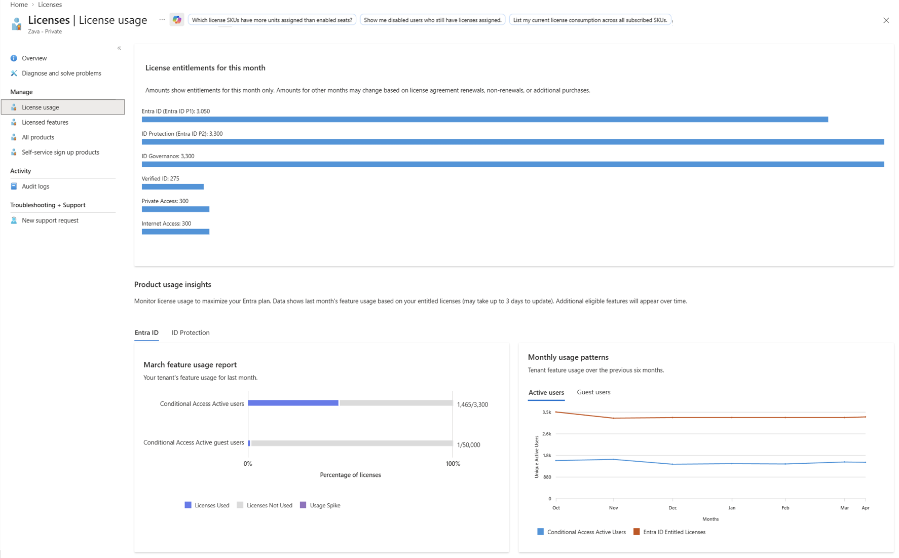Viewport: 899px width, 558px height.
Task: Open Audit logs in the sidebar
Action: [35, 187]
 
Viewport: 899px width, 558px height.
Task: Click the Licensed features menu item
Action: [45, 122]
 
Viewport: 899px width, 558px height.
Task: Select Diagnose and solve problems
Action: [61, 73]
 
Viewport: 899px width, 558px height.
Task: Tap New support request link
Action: [50, 220]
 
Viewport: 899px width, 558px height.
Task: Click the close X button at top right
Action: [886, 20]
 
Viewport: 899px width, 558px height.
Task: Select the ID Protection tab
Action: [191, 333]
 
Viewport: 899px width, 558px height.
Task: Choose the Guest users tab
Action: [593, 392]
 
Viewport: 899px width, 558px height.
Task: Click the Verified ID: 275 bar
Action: [172, 187]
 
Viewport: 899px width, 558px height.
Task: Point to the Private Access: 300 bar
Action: [175, 209]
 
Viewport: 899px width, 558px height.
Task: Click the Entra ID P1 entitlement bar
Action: [484, 120]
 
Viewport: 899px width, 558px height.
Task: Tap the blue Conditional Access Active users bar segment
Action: [293, 403]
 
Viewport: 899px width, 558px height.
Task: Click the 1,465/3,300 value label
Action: [472, 404]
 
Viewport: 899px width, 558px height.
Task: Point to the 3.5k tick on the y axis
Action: [546, 413]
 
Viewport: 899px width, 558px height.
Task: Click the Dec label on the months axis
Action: [672, 508]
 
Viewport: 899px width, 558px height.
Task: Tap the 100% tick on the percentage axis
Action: [453, 464]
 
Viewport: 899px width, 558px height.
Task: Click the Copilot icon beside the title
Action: [177, 20]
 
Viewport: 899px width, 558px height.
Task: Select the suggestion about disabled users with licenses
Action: [432, 20]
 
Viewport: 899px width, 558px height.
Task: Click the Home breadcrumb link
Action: [19, 5]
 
